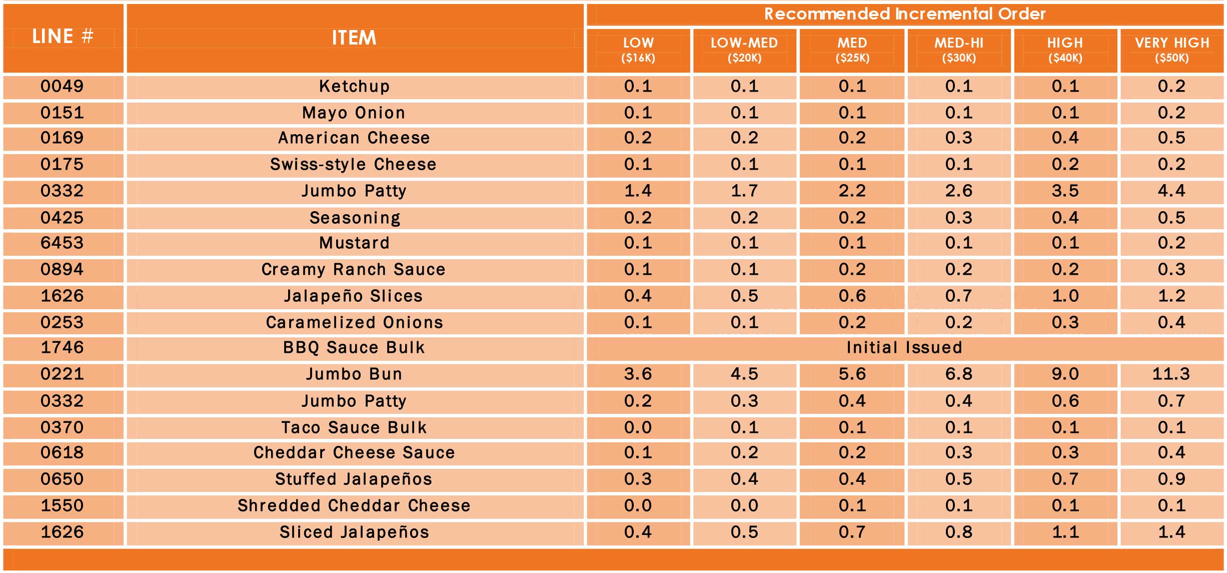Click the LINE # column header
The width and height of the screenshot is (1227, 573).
point(63,37)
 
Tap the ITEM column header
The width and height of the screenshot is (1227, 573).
point(354,38)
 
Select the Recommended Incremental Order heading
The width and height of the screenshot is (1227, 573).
point(904,14)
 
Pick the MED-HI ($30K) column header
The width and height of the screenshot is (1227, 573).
point(959,50)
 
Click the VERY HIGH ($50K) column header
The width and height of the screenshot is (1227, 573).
point(1171,50)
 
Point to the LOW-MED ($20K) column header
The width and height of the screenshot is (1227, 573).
point(744,50)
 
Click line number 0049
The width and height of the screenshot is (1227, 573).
point(62,86)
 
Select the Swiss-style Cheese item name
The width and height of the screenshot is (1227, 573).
point(353,164)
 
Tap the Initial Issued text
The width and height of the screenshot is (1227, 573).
point(904,347)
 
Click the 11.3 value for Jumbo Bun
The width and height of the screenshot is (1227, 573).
point(1171,374)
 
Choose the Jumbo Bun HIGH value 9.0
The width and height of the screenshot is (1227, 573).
point(1065,374)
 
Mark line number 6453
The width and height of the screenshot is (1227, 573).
point(62,243)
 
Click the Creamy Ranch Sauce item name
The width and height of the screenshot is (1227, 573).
point(353,269)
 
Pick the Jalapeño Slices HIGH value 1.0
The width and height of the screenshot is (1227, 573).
point(1065,296)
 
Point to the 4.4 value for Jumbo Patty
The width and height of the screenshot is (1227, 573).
point(1171,191)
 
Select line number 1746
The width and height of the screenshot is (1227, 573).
point(62,347)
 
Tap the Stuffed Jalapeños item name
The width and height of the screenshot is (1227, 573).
point(353,479)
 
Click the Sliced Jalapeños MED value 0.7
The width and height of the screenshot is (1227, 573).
point(852,532)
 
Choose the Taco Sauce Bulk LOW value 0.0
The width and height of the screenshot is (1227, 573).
point(638,427)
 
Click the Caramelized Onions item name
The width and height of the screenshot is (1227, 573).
point(354,322)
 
